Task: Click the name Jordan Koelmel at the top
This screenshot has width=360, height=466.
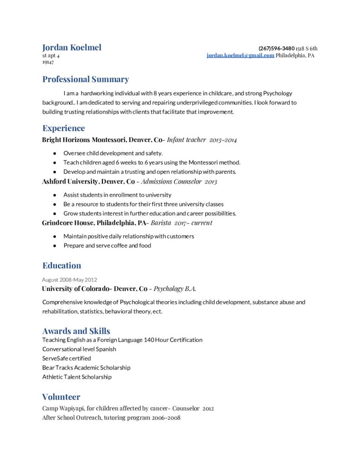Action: tap(71, 47)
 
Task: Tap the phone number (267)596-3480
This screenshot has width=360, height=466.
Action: tap(276, 48)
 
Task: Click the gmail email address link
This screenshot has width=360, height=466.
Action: tap(240, 55)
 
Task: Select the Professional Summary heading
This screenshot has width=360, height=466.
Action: tap(86, 79)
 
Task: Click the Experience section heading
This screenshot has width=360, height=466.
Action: tap(63, 128)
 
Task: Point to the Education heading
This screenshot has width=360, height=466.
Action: tap(61, 265)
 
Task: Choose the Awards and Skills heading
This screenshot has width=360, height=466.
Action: tap(76, 331)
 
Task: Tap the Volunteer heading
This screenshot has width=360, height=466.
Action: tap(61, 396)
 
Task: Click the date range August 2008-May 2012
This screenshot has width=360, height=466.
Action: tap(69, 279)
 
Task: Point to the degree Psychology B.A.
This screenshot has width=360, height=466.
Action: tap(175, 289)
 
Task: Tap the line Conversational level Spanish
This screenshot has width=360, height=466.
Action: tap(79, 349)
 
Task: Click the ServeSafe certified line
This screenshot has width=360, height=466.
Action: tap(66, 358)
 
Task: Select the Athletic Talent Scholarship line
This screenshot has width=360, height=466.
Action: tap(76, 377)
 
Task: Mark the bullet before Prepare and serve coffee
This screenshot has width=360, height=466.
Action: tap(55, 246)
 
